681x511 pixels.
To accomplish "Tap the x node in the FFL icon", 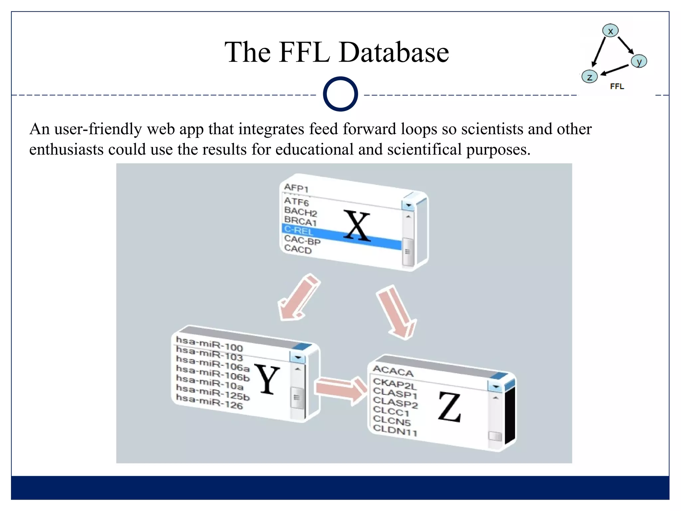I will point(610,31).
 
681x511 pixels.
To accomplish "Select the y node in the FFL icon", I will point(639,62).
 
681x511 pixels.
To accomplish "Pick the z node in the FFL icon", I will point(590,77).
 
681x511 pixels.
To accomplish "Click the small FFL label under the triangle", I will point(617,86).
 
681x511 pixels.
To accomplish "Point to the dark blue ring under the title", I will point(340,94).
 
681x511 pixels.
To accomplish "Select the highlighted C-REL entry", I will point(299,230).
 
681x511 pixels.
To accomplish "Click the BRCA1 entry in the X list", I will point(300,221).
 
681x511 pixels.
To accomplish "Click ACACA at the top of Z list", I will point(393,371).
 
